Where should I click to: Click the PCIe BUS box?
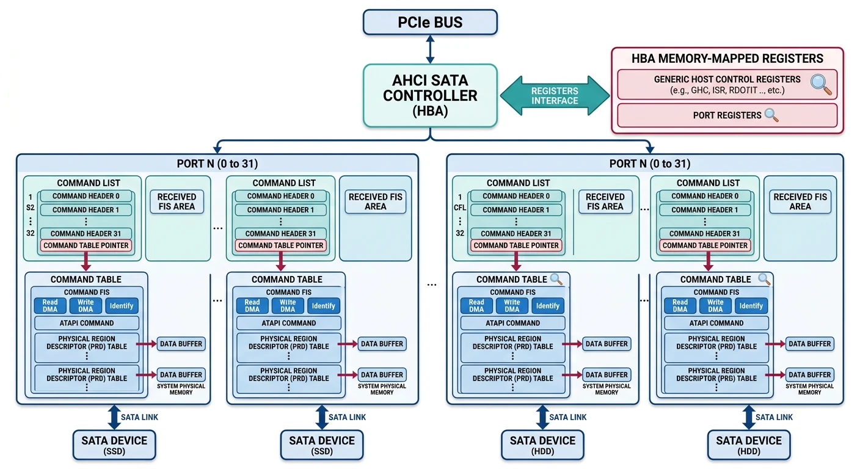(x=430, y=23)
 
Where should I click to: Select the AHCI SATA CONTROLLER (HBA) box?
(x=430, y=95)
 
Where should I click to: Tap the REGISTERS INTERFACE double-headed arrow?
(x=554, y=95)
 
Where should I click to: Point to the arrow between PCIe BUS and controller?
(x=430, y=49)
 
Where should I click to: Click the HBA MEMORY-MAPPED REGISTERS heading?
(x=727, y=59)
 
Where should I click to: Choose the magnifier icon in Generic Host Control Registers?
(x=820, y=84)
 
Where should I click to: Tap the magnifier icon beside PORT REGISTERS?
(x=771, y=115)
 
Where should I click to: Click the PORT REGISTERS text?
(x=727, y=115)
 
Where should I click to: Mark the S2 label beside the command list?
(x=29, y=209)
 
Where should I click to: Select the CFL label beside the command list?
(x=459, y=209)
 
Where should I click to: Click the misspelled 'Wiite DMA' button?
(x=288, y=306)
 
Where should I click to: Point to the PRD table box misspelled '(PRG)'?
(x=716, y=374)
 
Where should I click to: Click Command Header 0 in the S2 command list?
(x=86, y=196)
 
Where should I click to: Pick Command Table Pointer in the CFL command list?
(x=516, y=245)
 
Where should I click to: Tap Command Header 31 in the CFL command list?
(x=516, y=233)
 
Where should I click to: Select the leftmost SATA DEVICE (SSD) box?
(x=114, y=445)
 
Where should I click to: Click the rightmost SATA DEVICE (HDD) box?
(x=749, y=445)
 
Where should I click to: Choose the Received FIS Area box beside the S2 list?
(x=177, y=202)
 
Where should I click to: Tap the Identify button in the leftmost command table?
(x=122, y=306)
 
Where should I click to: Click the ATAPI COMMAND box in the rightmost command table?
(x=716, y=323)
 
